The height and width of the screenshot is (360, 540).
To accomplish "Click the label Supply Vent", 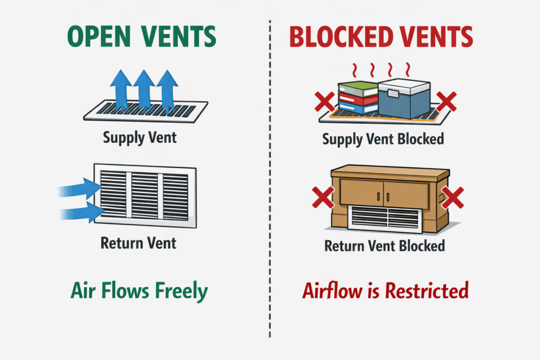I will tap(140, 139).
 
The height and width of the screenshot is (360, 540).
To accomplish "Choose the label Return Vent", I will tap(138, 243).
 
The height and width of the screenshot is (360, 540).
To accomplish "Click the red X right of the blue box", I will tap(446, 102).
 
